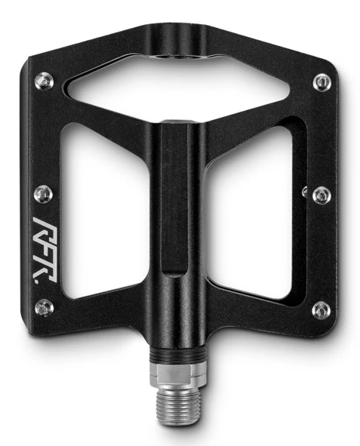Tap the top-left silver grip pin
(44, 82)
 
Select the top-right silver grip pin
(323, 82)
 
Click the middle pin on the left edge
(43, 194)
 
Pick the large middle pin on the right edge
(322, 195)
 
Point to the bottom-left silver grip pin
(44, 308)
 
